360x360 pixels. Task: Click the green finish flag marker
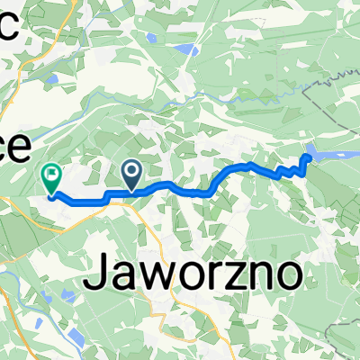(x=51, y=179)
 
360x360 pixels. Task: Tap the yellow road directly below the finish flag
(x=54, y=220)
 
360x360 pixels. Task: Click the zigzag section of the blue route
(x=288, y=169)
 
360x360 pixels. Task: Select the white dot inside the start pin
(x=132, y=168)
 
